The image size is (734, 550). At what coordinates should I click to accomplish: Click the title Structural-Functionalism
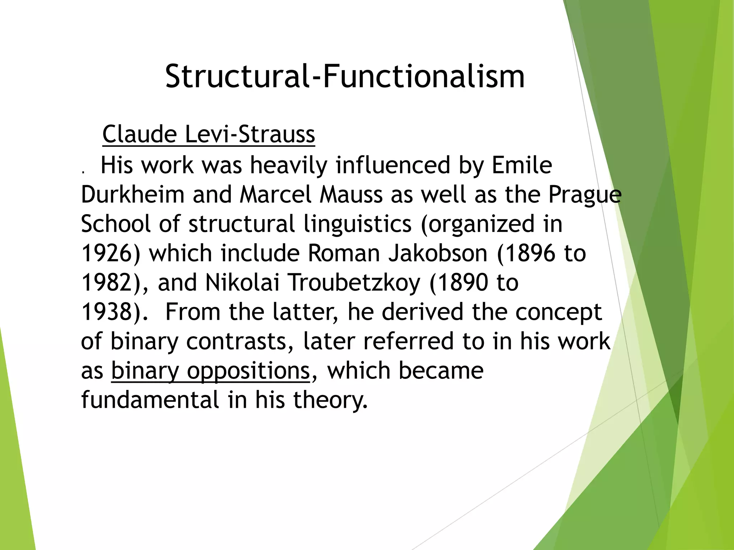tap(345, 76)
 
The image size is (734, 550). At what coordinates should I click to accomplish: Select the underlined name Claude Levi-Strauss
tap(209, 134)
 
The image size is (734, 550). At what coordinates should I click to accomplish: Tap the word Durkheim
tap(133, 195)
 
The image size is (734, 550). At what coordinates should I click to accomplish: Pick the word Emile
tap(521, 165)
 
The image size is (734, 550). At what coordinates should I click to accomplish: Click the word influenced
tap(392, 165)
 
